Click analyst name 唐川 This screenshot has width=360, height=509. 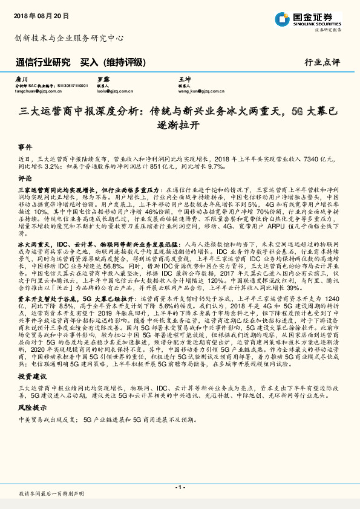pos(21,79)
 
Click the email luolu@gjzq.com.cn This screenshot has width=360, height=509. pos(115,91)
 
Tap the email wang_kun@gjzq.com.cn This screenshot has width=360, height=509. pos(199,91)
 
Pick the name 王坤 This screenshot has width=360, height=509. pos(184,79)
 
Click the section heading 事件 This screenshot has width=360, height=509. pos(24,147)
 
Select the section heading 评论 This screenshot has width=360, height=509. pos(24,179)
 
